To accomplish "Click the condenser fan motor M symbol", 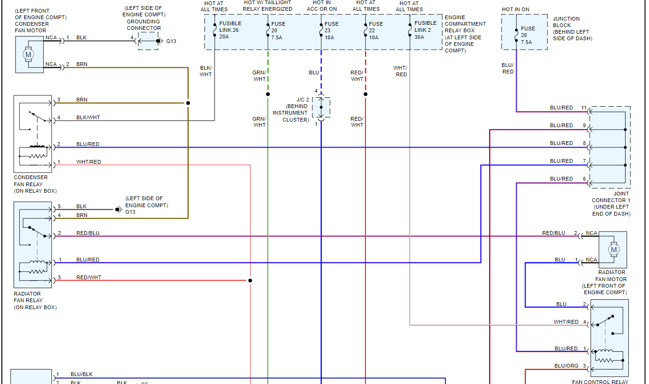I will click(28, 54).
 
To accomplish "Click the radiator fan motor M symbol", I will click(613, 250).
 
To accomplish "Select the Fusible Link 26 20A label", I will click(230, 30).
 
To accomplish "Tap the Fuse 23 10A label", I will click(331, 30).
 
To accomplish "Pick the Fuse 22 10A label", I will click(376, 30).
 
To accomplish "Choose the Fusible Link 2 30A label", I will click(425, 30).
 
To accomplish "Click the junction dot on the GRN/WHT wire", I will click(268, 94).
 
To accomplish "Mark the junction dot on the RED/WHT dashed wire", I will click(365, 94).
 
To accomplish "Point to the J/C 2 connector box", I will click(321, 107).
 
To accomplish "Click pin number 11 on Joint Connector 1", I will click(583, 108).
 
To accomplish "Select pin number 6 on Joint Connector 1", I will click(584, 179).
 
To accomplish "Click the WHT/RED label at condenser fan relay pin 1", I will click(89, 162).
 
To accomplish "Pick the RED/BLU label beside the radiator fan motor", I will click(554, 233).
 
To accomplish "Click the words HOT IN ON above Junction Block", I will click(516, 9).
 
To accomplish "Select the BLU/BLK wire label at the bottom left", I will click(81, 374).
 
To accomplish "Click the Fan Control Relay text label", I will click(600, 382).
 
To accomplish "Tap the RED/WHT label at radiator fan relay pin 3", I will click(89, 278).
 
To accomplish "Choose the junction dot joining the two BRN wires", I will click(188, 103).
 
